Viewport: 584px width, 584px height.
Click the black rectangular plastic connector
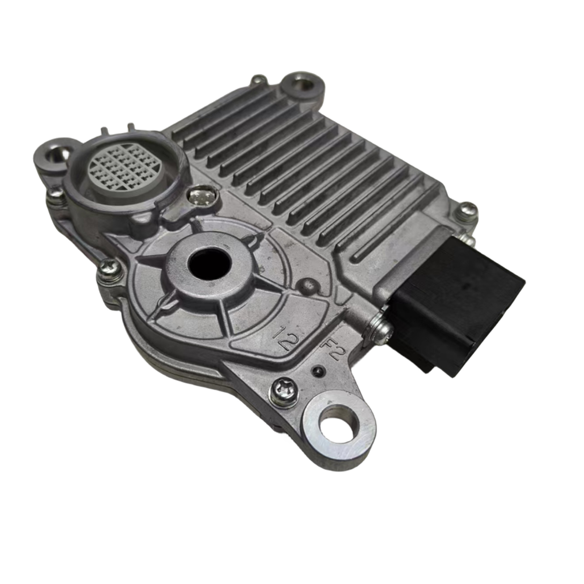457,302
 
